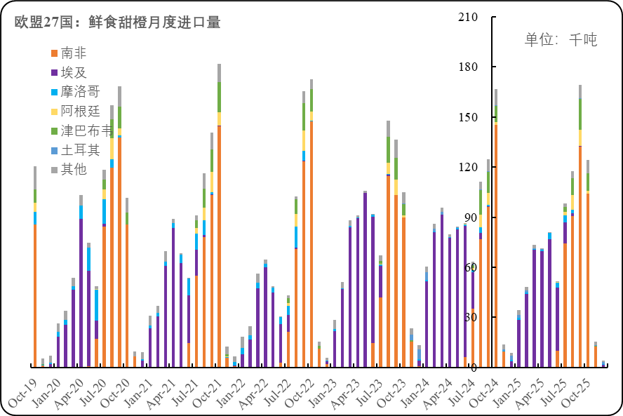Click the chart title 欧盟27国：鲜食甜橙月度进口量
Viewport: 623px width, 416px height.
point(118,22)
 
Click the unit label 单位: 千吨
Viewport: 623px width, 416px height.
point(561,39)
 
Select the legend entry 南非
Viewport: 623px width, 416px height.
point(74,53)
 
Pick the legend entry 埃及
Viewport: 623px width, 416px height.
point(74,72)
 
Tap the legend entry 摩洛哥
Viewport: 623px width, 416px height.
point(81,91)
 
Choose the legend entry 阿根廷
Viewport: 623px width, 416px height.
point(81,111)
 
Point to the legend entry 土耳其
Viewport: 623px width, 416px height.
point(81,149)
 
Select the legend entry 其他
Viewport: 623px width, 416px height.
point(74,169)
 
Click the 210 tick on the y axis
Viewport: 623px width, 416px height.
point(467,17)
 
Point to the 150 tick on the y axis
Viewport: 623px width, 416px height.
point(467,117)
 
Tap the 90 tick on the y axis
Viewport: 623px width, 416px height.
point(470,217)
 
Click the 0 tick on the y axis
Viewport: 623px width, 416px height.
point(474,368)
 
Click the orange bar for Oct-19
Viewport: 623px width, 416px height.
point(35,295)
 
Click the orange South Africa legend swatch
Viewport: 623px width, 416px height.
point(54,53)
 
